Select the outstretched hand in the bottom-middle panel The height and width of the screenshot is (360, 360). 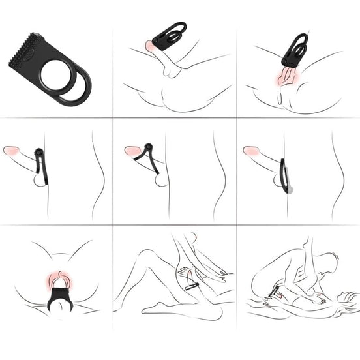(x=184, y=269)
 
